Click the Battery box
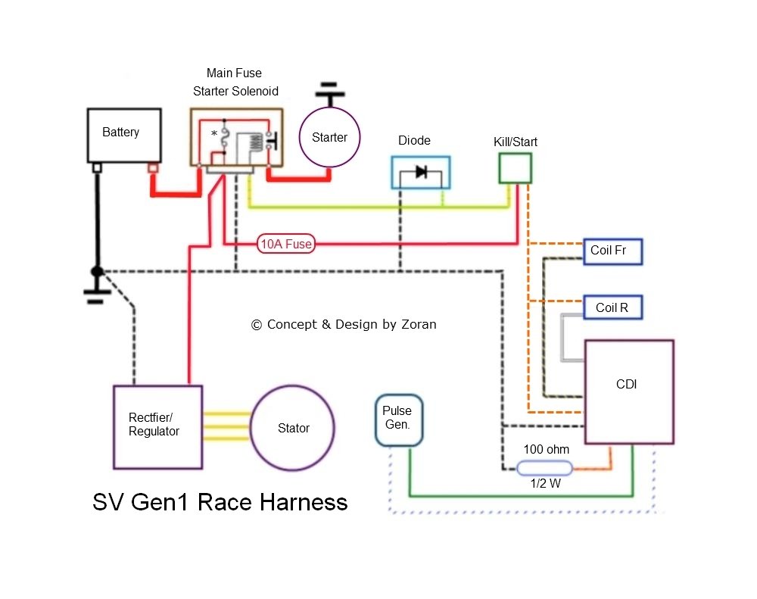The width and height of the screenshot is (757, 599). pyautogui.click(x=124, y=135)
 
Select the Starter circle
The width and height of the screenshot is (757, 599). pyautogui.click(x=329, y=138)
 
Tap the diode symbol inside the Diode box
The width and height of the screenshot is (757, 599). pyautogui.click(x=421, y=173)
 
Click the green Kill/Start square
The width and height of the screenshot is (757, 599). pyautogui.click(x=515, y=168)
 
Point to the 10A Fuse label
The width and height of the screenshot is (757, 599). pyautogui.click(x=286, y=244)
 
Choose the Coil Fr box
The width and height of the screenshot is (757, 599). pyautogui.click(x=612, y=251)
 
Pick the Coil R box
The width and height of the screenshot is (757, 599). pyautogui.click(x=612, y=307)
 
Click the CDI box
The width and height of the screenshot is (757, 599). pyautogui.click(x=628, y=392)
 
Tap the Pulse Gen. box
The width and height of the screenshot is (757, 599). pyautogui.click(x=399, y=420)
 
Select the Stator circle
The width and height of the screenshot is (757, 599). pyautogui.click(x=293, y=429)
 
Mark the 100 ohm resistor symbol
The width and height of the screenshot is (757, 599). pyautogui.click(x=544, y=469)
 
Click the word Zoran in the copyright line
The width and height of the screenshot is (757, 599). pyautogui.click(x=419, y=324)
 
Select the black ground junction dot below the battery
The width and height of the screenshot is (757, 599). pyautogui.click(x=97, y=271)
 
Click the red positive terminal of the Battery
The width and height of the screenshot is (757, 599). pyautogui.click(x=152, y=167)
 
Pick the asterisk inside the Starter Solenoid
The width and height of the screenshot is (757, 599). pyautogui.click(x=214, y=133)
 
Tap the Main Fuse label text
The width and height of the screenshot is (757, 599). pyautogui.click(x=234, y=73)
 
